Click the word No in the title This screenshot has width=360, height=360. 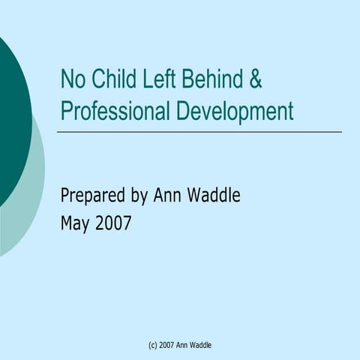pyautogui.click(x=73, y=79)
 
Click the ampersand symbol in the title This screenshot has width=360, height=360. pyautogui.click(x=255, y=79)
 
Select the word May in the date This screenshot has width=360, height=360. pyautogui.click(x=75, y=223)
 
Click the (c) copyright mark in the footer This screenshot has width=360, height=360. pyautogui.click(x=153, y=344)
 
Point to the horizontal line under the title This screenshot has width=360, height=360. pyautogui.click(x=199, y=132)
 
